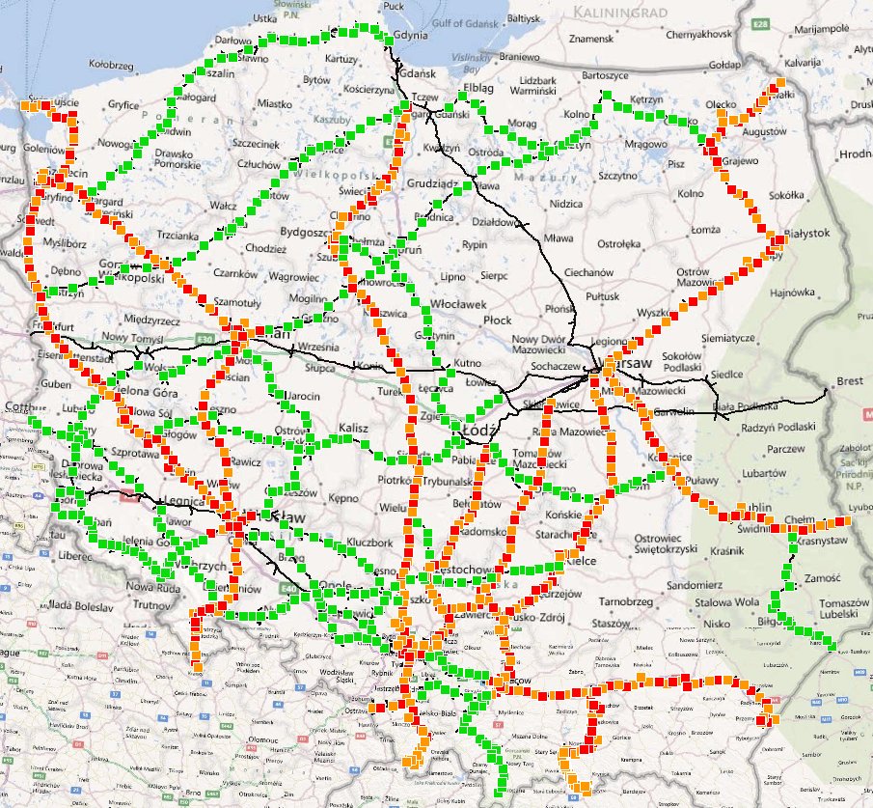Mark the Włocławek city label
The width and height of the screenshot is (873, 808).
pyautogui.click(x=467, y=303)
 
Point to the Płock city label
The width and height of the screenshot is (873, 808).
pyautogui.click(x=499, y=320)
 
